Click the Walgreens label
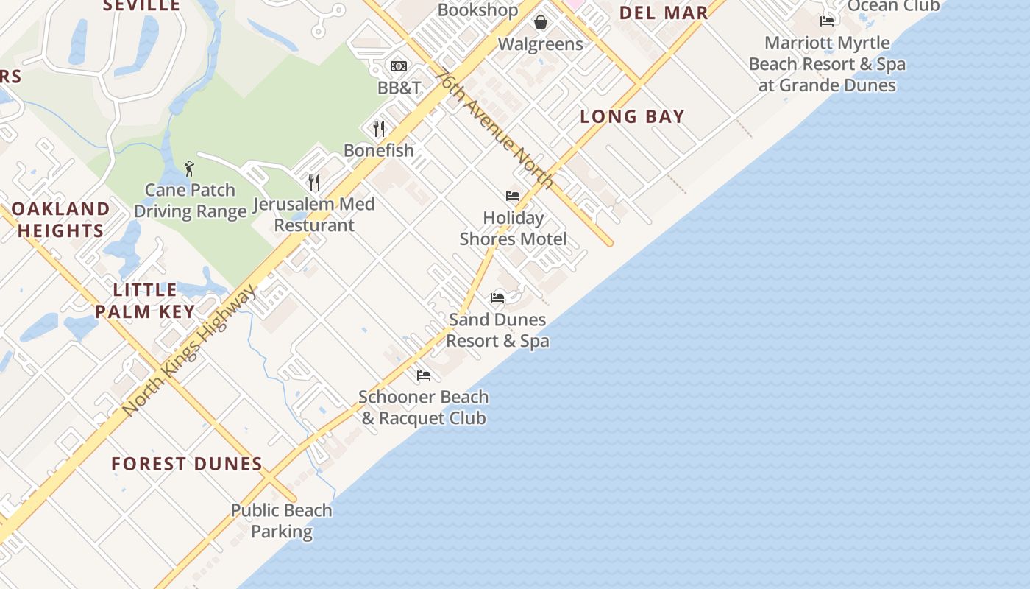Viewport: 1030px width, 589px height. pos(540,44)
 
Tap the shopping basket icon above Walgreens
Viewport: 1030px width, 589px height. pos(541,22)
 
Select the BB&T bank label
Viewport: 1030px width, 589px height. pos(399,88)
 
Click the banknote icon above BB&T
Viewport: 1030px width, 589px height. pos(399,66)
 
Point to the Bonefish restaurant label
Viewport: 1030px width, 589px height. pos(379,150)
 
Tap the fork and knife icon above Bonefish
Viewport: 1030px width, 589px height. pos(379,129)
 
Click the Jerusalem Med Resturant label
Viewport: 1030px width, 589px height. pos(313,214)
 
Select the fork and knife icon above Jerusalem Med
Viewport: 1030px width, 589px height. pos(314,182)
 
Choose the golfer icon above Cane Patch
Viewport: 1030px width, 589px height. pos(189,169)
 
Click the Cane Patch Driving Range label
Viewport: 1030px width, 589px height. pos(190,201)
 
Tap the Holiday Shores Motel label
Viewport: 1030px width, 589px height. pos(513,228)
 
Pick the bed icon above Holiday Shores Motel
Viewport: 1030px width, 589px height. pos(513,196)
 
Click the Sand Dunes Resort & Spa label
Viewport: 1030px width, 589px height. pos(497,330)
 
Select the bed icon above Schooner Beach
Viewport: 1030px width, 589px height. pos(424,375)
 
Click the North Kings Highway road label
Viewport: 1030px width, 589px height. pos(190,350)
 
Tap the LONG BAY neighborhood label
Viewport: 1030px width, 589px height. pos(632,116)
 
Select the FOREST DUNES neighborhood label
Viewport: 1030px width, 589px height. pos(187,464)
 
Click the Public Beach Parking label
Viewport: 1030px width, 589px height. pos(282,521)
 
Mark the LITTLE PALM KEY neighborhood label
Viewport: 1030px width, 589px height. pos(145,300)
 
